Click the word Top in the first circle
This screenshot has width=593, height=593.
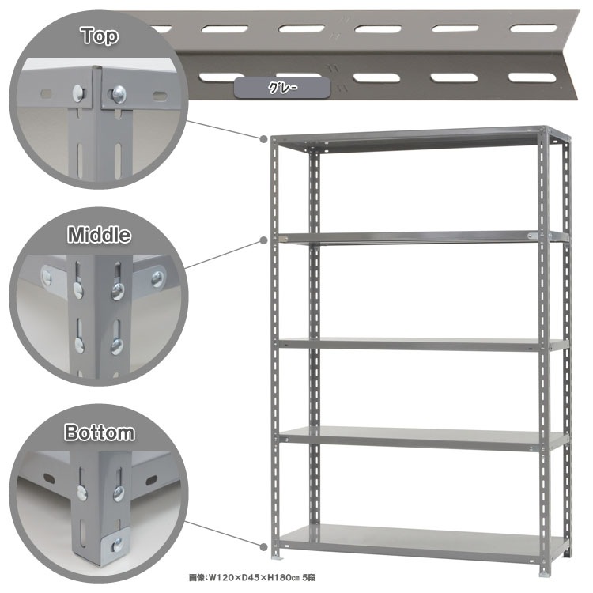[x=100, y=36]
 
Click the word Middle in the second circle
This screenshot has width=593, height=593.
[x=99, y=235]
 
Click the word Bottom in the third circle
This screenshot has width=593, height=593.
[x=100, y=432]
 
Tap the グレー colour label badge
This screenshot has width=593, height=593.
[x=282, y=88]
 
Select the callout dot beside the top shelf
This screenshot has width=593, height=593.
[x=263, y=139]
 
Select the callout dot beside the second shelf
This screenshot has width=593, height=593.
[x=263, y=240]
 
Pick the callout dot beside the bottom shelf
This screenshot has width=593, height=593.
[x=263, y=547]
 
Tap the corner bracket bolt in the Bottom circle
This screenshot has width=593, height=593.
[x=118, y=544]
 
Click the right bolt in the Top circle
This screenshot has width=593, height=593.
[x=119, y=94]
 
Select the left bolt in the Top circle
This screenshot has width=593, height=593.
[x=78, y=93]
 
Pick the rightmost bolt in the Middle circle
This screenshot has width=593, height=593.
[x=157, y=279]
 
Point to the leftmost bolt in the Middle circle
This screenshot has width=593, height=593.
[x=47, y=278]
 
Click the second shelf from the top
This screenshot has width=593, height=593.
[x=424, y=238]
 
